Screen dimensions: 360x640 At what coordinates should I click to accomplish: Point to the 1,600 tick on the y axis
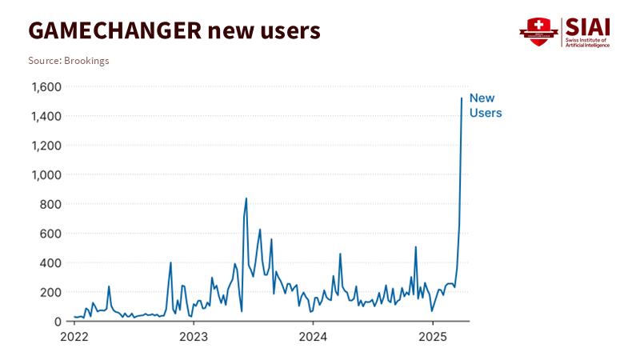pos(46,87)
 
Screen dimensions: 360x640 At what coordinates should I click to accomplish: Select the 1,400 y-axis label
pos(46,117)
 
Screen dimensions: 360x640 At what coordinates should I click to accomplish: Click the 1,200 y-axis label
pos(46,146)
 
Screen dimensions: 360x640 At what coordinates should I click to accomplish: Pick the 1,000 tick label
pos(46,175)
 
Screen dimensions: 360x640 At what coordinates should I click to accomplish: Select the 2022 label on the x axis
pos(74,336)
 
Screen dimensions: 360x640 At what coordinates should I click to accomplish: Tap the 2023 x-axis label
pos(193,336)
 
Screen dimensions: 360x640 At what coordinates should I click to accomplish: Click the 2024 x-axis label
pos(313,336)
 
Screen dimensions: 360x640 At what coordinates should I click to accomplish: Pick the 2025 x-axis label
pos(433,336)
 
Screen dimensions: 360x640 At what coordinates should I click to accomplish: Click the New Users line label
pos(486,106)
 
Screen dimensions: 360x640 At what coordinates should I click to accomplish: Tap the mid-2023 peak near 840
pos(246,198)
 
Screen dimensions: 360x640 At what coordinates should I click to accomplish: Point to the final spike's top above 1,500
pos(462,98)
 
